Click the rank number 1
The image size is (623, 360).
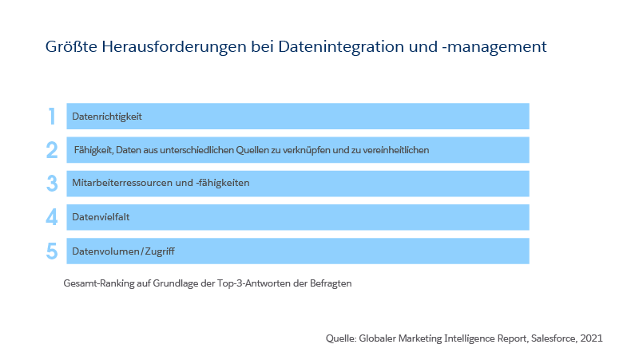52,117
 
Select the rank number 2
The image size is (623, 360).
52,150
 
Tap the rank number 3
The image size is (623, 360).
52,184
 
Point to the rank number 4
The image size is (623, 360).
52,217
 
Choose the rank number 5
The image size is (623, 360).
52,251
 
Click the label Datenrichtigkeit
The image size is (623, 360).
107,117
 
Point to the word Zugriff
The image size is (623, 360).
160,251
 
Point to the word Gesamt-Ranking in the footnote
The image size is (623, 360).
98,283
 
